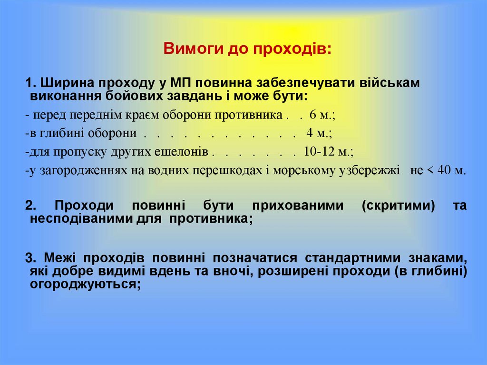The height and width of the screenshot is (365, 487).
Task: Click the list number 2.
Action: tap(29, 206)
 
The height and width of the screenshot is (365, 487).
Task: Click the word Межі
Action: tap(60, 258)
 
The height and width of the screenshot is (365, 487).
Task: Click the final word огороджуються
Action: tap(85, 284)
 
